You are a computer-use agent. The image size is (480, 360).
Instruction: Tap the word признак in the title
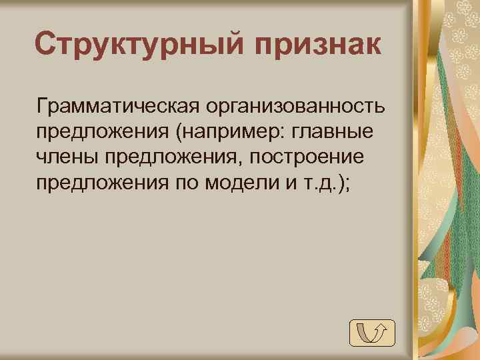[318, 45]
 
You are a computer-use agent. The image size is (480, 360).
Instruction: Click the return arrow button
[372, 332]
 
